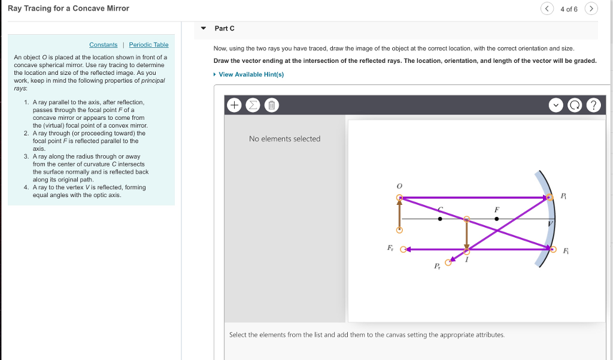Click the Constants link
103,45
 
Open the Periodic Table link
148,45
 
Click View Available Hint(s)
251,74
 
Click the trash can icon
271,105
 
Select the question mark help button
593,105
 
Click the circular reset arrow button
575,105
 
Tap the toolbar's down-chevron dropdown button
557,105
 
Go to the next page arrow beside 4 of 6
591,9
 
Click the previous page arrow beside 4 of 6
547,9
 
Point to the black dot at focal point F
496,219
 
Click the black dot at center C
440,219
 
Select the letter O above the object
399,186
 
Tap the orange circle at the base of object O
399,230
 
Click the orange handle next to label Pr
447,262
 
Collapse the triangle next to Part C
204,28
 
